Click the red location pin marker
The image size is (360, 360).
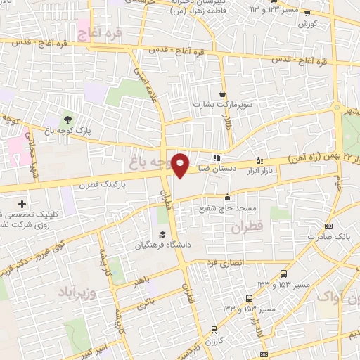pos(181,165)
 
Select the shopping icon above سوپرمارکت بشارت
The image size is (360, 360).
pos(223,94)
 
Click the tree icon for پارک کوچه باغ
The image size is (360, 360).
pos(67,120)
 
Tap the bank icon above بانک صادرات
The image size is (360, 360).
pos(329,226)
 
